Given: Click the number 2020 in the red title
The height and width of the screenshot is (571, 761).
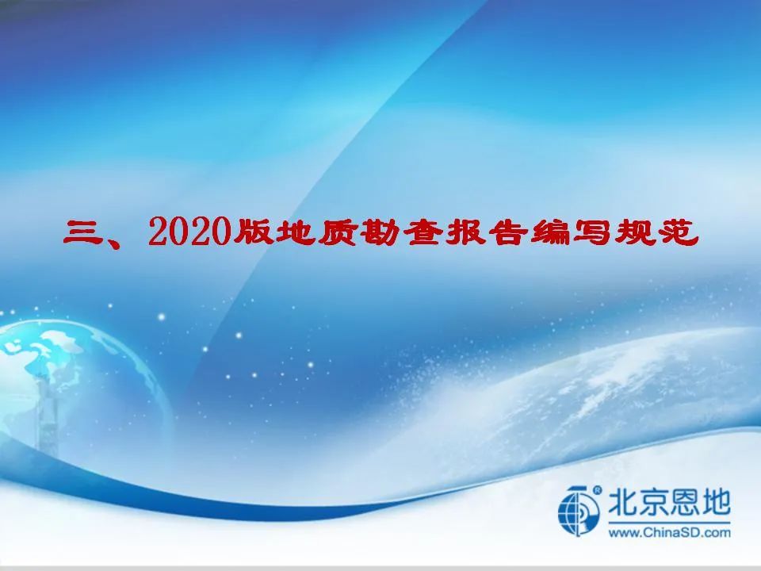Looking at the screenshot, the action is (x=189, y=232).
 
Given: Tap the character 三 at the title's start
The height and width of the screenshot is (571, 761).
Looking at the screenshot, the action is (x=81, y=232).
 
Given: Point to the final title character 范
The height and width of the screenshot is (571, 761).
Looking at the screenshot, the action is (x=678, y=232).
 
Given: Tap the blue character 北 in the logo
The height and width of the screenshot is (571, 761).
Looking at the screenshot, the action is (x=623, y=502).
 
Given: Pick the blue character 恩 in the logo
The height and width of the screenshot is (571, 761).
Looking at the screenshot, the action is (x=685, y=502).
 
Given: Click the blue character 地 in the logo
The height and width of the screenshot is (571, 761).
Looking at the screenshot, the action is (x=716, y=502).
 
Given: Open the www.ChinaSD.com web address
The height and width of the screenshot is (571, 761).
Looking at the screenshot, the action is (x=669, y=533).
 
